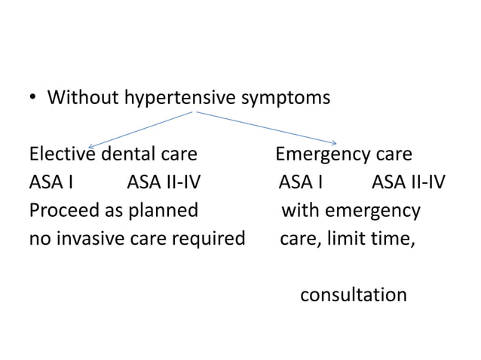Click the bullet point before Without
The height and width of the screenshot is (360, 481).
click(x=33, y=98)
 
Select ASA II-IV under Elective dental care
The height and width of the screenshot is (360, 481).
click(x=164, y=183)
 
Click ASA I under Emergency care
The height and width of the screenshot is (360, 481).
click(x=301, y=183)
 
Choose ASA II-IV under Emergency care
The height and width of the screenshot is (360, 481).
click(x=409, y=183)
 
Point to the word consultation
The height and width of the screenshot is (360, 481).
click(x=353, y=294)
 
